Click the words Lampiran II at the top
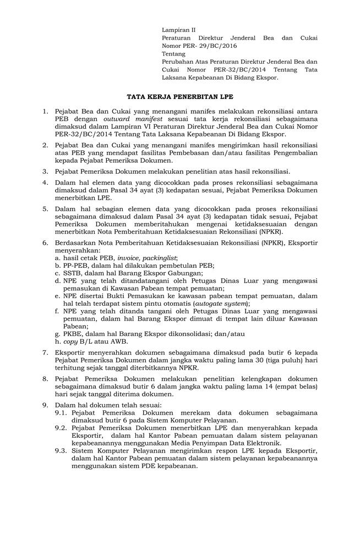click(178, 30)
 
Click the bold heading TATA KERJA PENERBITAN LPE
click(180, 95)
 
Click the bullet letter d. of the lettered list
click(58, 280)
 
